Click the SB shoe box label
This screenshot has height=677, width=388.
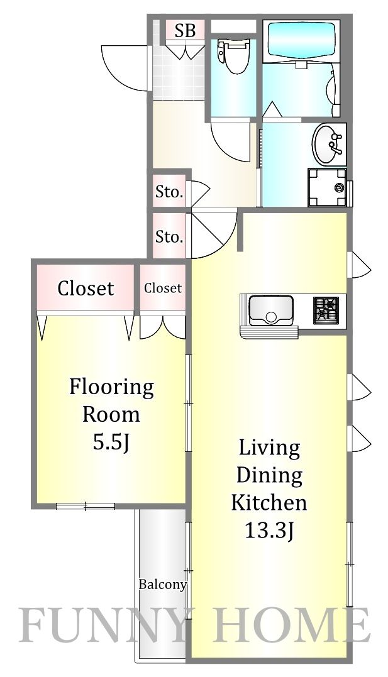coord(185,31)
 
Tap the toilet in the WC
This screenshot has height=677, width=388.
coord(233,57)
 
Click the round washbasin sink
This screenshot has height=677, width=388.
coord(328,144)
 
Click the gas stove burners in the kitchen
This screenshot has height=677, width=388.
coord(326,309)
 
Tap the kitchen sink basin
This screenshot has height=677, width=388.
coord(270,309)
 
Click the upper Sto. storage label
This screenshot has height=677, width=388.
coord(169,192)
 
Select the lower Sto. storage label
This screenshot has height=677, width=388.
coord(169,236)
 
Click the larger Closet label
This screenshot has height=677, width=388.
coord(86,288)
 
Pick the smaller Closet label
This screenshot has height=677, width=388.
coord(163,287)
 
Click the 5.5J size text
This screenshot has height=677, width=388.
coord(111,443)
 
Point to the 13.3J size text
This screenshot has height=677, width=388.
coord(269,531)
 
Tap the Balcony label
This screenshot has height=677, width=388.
coord(162,585)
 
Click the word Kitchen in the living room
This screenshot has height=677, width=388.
coord(269,503)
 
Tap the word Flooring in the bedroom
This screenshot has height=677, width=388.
coord(111,387)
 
